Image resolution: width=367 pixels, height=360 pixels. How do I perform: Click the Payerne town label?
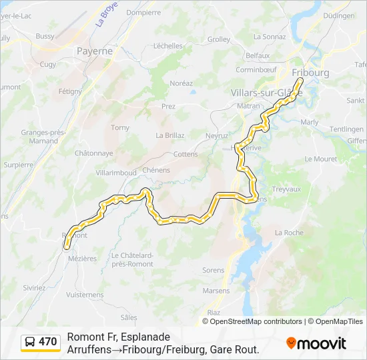(x=95, y=50)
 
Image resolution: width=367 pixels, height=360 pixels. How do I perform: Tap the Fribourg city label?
(x=311, y=72)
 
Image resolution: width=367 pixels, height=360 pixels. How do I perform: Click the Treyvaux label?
(x=288, y=189)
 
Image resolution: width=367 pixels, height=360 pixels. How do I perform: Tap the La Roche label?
(x=289, y=233)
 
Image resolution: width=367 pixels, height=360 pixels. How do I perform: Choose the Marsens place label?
(x=216, y=291)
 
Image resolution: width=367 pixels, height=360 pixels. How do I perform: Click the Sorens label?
(x=213, y=270)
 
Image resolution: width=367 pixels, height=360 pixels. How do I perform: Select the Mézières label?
(x=83, y=258)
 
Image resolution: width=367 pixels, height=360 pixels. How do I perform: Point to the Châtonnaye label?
(x=93, y=153)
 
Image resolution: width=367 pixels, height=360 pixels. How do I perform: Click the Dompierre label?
(x=143, y=12)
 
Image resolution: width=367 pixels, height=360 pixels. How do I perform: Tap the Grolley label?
(x=218, y=39)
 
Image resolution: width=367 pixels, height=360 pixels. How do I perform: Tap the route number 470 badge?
(x=47, y=342)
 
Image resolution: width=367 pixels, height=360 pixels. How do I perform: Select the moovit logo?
(x=316, y=343)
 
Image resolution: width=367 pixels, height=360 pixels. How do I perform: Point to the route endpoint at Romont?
(x=67, y=246)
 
